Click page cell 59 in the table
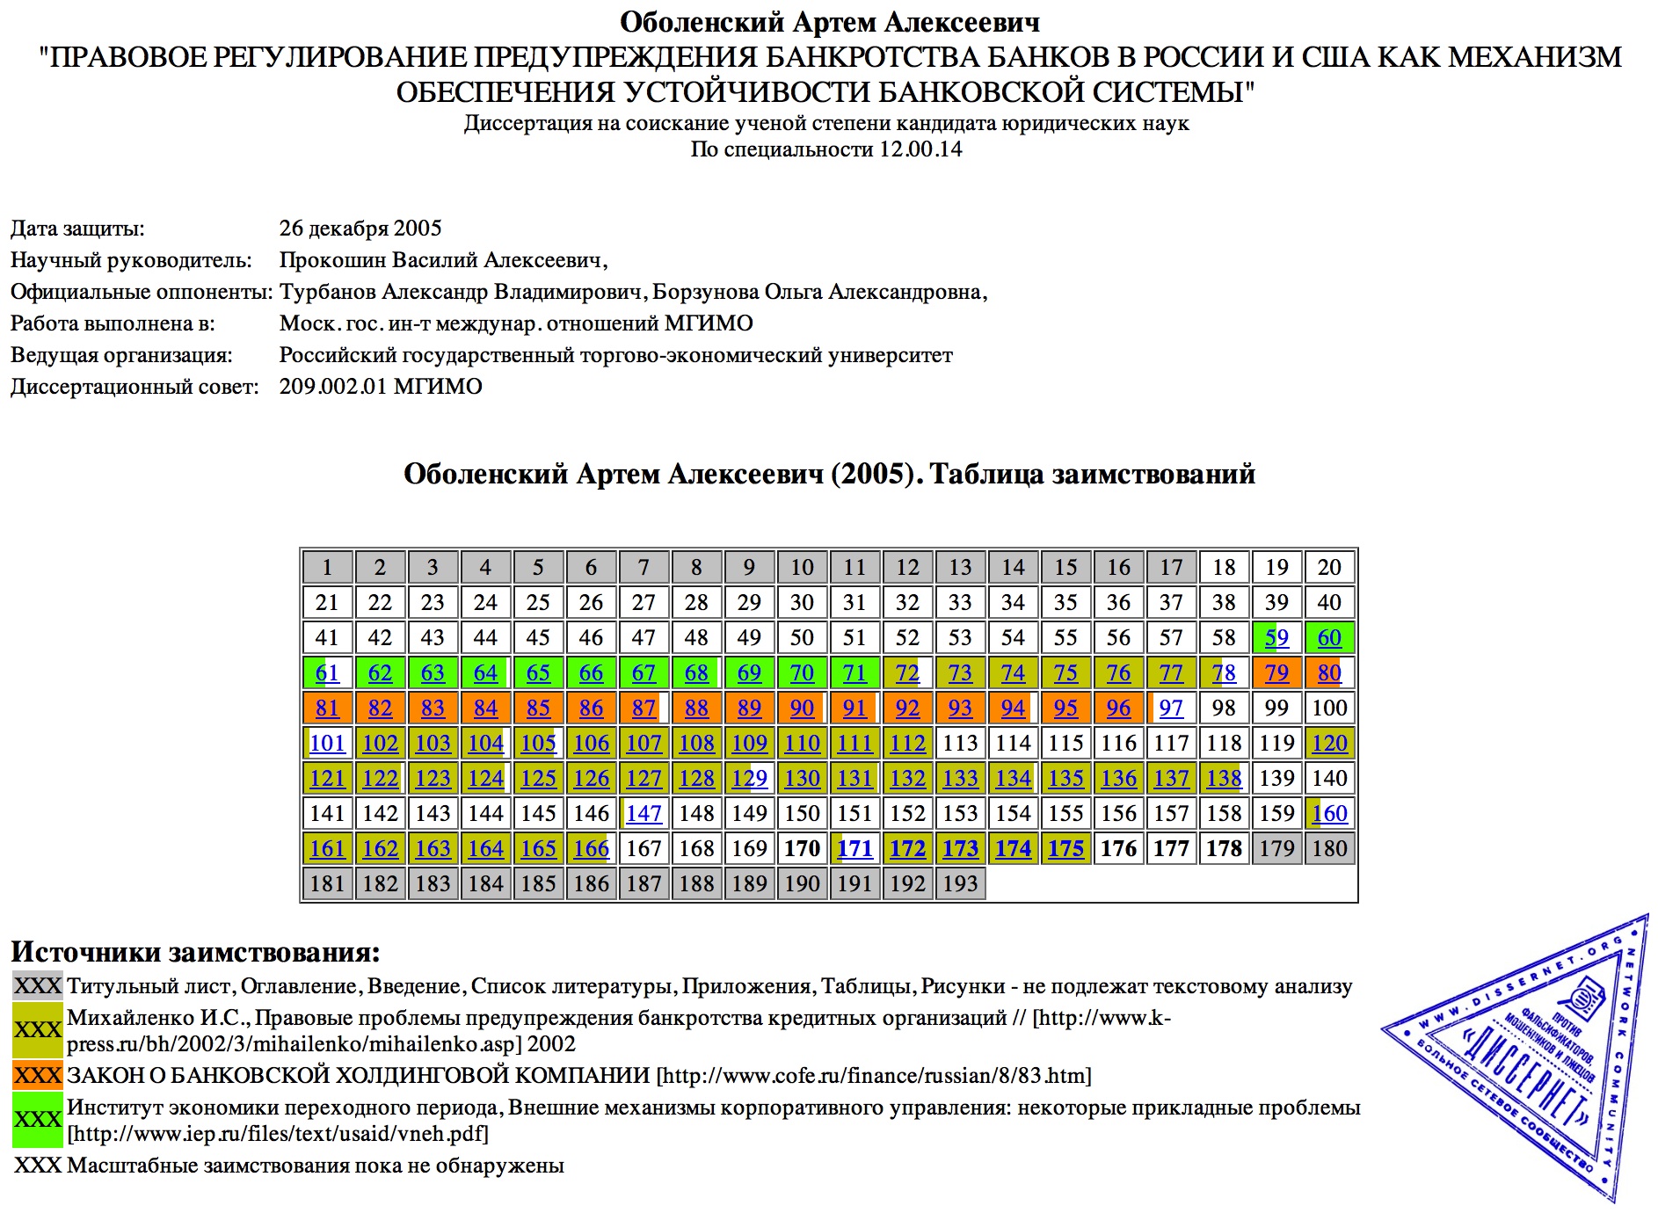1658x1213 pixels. point(1276,638)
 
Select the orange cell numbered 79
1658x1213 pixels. point(1276,673)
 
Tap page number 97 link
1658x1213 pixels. point(1171,708)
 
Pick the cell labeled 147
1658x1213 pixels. point(644,814)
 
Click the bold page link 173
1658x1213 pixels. point(960,849)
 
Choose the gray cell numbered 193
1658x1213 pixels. point(960,884)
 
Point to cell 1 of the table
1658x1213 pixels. point(327,568)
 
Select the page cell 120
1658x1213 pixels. point(1329,744)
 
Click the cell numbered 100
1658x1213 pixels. point(1329,708)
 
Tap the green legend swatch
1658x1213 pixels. point(38,1120)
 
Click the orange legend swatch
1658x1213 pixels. point(38,1075)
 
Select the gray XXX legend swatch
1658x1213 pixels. point(38,985)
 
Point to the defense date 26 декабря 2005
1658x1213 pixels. point(360,229)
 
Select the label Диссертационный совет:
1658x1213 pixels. point(135,387)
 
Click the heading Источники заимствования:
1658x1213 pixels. point(195,952)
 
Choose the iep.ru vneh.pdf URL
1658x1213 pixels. point(278,1134)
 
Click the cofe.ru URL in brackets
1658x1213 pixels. point(874,1076)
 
